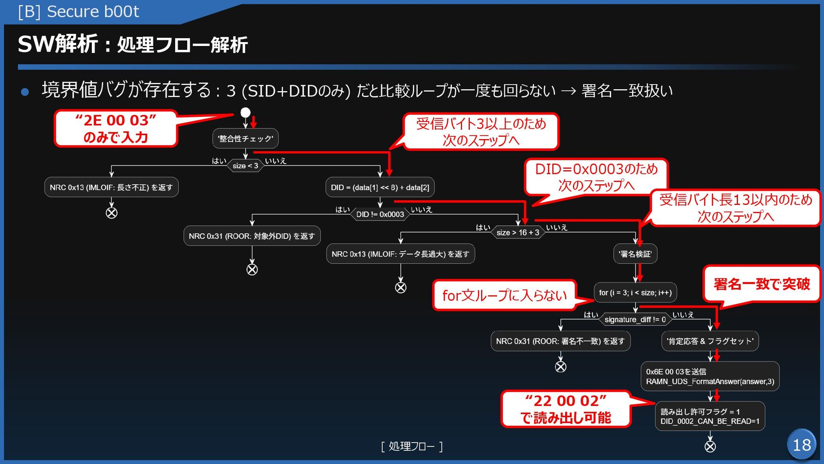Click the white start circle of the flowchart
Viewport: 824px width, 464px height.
tap(245, 113)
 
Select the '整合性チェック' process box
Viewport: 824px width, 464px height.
tap(245, 138)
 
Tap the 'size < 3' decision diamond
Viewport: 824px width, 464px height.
tap(245, 165)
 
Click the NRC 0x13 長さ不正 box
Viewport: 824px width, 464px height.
tap(111, 187)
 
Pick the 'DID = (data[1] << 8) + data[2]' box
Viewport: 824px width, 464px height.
tap(380, 187)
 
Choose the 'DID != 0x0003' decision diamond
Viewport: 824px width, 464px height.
tap(380, 214)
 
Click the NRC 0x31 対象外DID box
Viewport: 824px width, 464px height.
tap(252, 236)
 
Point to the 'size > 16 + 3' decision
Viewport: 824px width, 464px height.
tap(518, 232)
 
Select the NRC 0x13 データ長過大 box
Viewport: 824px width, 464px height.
tap(400, 254)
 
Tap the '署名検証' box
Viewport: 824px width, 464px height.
tap(635, 254)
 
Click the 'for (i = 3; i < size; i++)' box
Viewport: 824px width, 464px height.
tap(635, 293)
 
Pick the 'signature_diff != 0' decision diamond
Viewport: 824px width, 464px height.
tap(635, 319)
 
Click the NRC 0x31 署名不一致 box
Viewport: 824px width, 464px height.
tap(560, 341)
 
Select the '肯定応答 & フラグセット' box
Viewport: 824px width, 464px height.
tap(710, 341)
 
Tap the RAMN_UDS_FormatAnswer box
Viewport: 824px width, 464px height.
tap(710, 376)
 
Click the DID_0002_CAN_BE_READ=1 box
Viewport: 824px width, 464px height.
tap(710, 416)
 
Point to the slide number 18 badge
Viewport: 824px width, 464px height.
tap(802, 445)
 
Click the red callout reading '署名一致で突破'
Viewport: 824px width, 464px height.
tap(761, 284)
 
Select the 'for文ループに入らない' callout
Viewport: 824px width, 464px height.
tap(504, 295)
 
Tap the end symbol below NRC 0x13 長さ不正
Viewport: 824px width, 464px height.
tap(112, 213)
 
